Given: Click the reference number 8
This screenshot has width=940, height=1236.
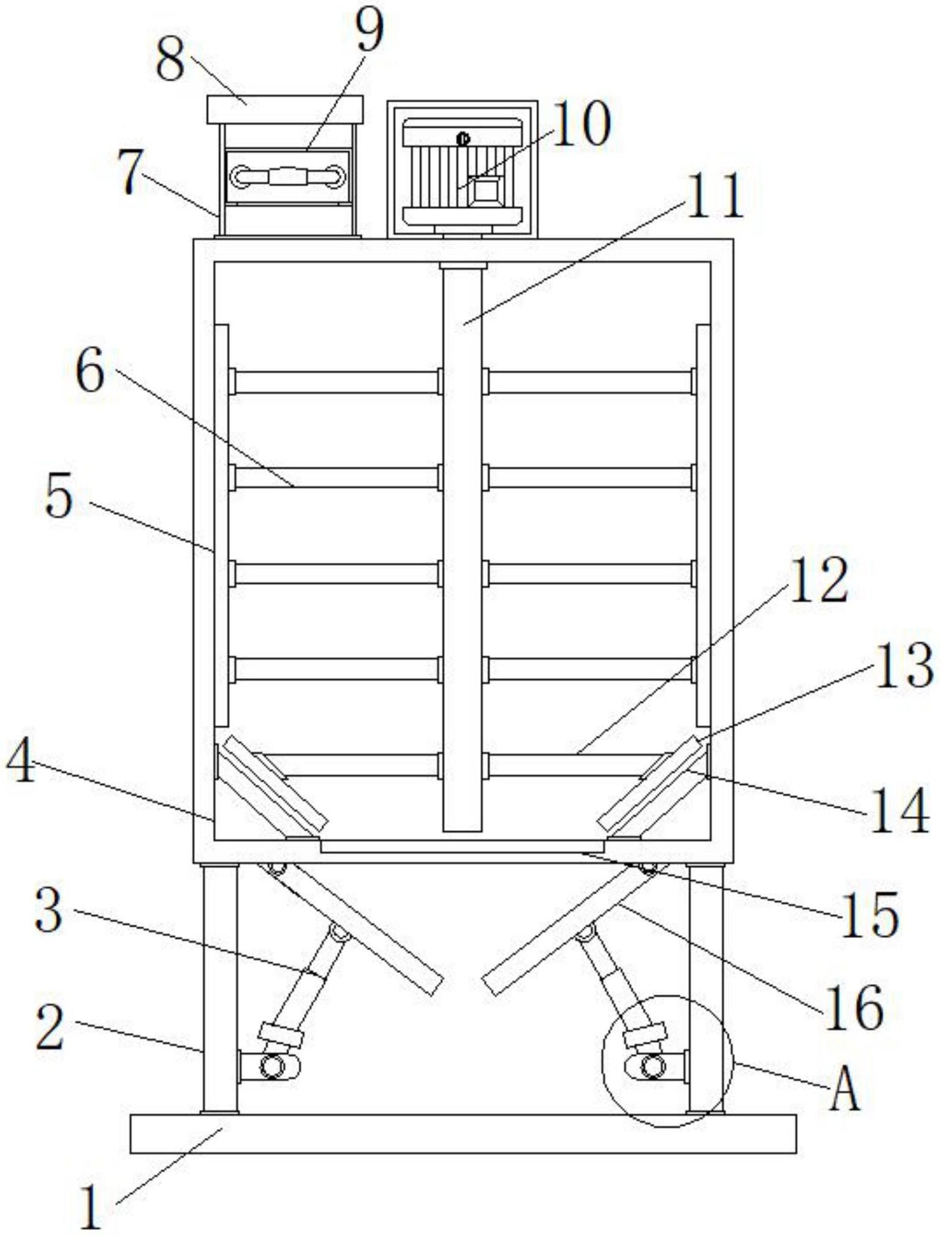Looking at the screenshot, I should click(170, 62).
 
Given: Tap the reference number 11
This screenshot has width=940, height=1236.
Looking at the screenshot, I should click(714, 196).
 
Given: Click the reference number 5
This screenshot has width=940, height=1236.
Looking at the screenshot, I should click(60, 499).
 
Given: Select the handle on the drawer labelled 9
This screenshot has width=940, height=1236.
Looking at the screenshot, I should click(287, 177).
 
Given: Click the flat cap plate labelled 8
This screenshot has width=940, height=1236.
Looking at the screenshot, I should click(285, 110).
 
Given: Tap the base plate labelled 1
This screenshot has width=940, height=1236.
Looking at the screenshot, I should click(463, 1134).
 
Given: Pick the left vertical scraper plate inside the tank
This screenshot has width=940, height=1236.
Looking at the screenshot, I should click(222, 524).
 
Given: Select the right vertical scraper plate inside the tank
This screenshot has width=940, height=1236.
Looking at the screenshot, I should click(703, 524).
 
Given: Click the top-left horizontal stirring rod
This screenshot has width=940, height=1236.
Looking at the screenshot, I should click(336, 382).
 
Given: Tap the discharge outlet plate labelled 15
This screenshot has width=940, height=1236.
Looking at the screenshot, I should click(462, 847).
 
